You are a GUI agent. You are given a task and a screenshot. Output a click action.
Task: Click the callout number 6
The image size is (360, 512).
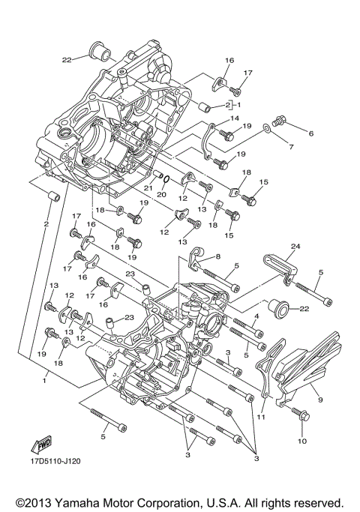310,133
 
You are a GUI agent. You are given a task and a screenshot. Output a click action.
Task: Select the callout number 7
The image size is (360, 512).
291,148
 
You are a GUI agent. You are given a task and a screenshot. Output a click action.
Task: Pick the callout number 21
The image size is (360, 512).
149,188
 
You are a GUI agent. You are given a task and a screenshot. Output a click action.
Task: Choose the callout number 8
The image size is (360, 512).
218,256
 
